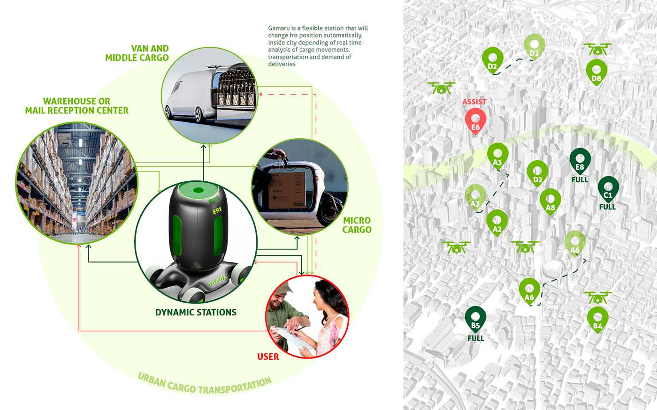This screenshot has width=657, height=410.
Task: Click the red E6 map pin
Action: click(475, 121)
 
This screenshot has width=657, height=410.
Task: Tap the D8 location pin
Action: click(596, 72)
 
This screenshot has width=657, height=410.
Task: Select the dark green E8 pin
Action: click(580, 161)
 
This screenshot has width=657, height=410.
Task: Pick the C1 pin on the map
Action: click(608, 189)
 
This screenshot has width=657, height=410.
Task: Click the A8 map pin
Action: click(550, 201)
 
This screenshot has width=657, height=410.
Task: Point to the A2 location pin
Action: click(497, 223)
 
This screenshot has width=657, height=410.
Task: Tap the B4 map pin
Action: click(597, 320)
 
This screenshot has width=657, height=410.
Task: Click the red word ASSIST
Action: click(474, 102)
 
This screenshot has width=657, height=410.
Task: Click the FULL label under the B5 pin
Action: click(476, 338)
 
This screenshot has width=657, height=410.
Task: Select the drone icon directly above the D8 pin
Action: click(597, 48)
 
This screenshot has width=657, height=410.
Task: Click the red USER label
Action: click(268, 357)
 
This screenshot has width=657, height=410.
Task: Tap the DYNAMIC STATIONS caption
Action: click(196, 312)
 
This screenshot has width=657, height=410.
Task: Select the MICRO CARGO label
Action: click(357, 225)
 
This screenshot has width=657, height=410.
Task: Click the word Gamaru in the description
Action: click(279, 28)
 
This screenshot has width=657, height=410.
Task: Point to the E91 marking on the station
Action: click(217, 210)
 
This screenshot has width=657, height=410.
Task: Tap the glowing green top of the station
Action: click(196, 190)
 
